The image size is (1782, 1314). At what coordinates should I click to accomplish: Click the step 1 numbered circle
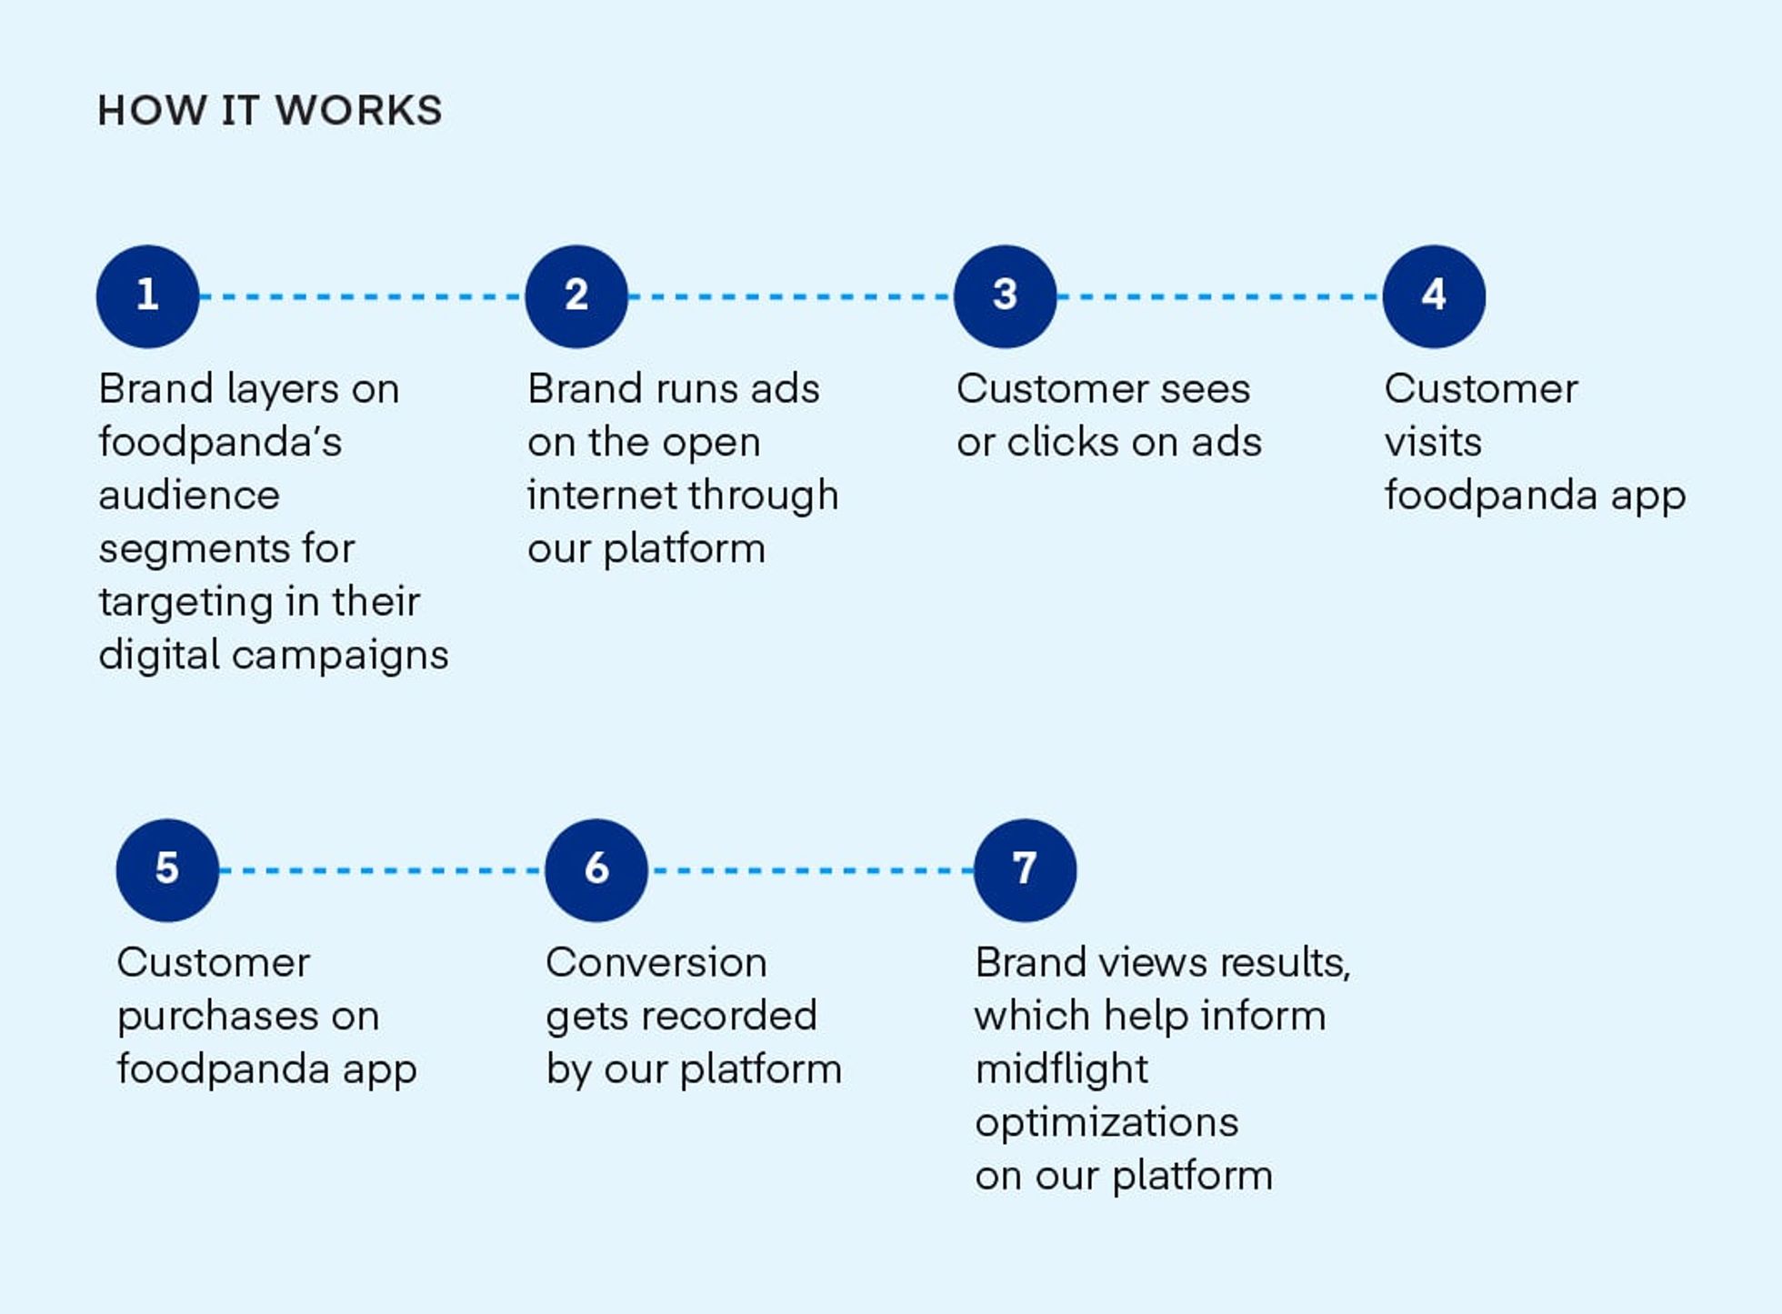147,296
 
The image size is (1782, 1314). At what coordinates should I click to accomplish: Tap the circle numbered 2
576,296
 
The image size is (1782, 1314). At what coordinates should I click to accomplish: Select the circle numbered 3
1005,296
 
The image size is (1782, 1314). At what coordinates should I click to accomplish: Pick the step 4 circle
1434,296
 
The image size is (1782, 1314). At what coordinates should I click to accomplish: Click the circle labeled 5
167,870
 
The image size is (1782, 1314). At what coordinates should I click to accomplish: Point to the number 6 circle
596,870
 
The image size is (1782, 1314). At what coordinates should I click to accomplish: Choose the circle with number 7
1025,870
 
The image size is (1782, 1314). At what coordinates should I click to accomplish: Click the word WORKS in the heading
358,111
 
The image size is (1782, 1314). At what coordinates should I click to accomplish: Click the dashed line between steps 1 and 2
362,296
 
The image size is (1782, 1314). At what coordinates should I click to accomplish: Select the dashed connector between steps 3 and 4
1219,296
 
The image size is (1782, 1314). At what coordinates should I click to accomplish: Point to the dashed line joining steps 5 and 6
382,870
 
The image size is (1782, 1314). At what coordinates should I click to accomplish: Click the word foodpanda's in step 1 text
220,443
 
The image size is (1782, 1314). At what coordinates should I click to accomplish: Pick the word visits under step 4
1433,443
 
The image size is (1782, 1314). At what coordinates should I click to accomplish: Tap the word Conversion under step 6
656,963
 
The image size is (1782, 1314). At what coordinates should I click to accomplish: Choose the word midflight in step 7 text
1061,1070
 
